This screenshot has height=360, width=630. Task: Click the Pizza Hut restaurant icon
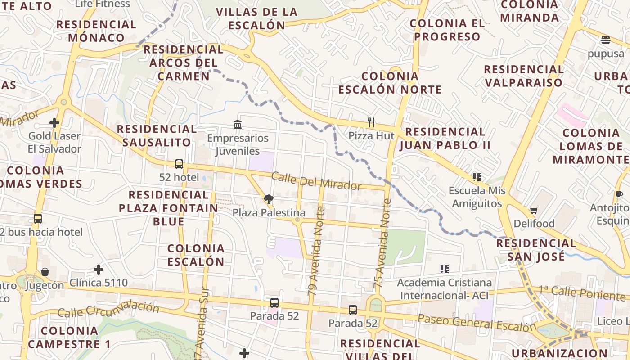371,122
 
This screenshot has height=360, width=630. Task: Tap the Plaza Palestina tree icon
269,199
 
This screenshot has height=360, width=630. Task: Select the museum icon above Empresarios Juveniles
238,124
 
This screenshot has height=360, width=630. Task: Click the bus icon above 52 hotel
179,164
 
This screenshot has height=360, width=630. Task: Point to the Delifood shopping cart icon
534,210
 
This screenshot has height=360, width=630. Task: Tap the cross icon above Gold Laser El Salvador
54,122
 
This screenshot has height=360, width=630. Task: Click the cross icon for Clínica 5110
99,270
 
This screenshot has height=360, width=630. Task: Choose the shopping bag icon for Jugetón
45,272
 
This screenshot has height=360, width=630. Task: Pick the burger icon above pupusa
606,40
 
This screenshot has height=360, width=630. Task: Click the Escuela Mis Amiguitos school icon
477,177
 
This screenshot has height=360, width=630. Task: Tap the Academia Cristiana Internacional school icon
445,269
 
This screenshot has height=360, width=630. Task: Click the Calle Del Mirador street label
316,181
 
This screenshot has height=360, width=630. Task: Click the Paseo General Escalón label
477,323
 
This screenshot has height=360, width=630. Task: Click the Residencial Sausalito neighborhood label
157,136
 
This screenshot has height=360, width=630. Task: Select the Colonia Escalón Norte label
390,83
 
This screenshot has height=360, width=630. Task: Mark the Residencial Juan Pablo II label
445,139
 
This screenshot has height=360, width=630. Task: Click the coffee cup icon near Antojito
619,195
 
